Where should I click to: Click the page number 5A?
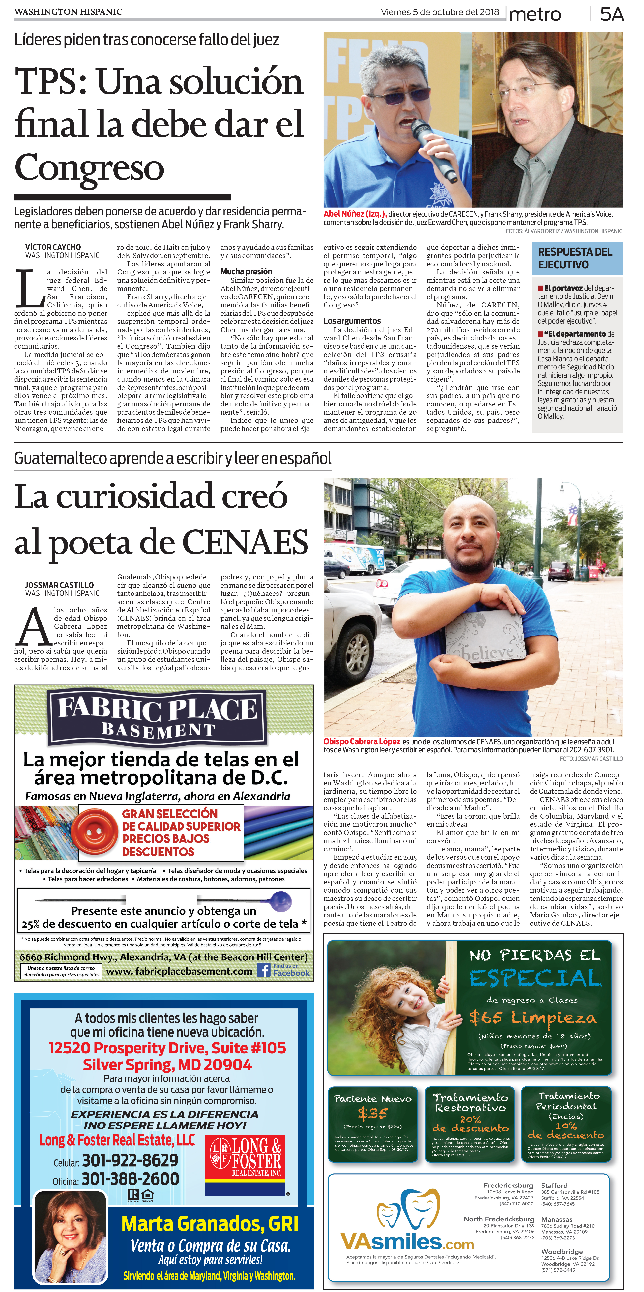[612, 14]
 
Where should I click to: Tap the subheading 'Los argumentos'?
[352, 321]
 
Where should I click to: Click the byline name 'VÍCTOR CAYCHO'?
[53, 247]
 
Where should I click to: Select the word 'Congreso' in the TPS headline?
[89, 167]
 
